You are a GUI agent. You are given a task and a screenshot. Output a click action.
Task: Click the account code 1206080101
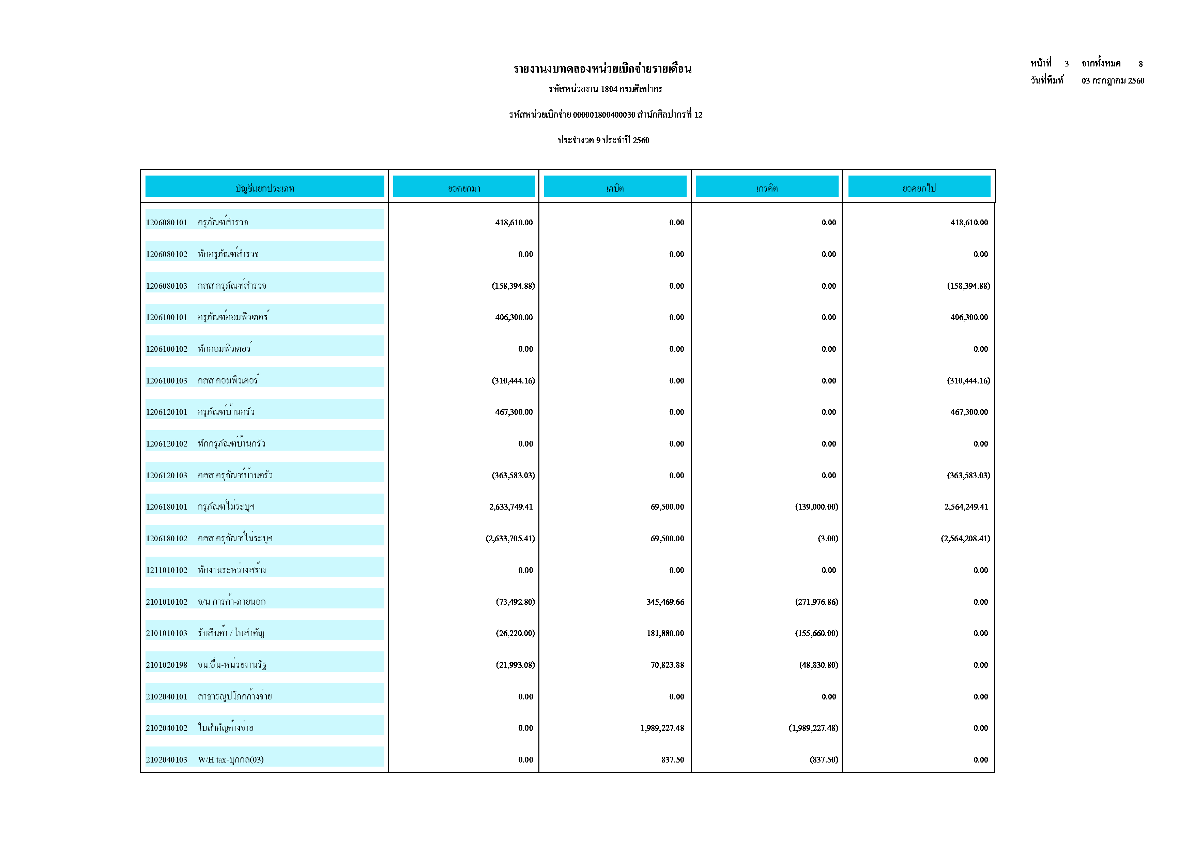tap(166, 223)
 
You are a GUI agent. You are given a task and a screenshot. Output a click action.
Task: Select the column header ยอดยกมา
tap(464, 188)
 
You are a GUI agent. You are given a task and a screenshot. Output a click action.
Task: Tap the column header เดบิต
tap(615, 188)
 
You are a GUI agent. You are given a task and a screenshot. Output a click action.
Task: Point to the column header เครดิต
tap(767, 188)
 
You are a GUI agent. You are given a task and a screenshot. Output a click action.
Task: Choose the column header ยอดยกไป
tap(919, 188)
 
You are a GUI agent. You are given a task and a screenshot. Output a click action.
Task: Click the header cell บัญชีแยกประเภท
tap(265, 188)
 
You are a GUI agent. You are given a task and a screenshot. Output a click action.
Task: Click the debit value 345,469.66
tap(665, 602)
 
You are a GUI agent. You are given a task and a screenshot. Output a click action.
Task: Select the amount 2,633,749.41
tap(511, 507)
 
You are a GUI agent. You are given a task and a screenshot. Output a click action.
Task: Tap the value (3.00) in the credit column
tap(827, 539)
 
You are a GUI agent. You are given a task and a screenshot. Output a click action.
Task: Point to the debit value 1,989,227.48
tap(662, 728)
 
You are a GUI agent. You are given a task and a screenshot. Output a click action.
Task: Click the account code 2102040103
tap(166, 760)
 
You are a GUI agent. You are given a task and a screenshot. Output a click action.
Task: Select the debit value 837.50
tap(672, 760)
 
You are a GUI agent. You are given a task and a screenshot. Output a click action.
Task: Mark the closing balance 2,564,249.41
tap(966, 507)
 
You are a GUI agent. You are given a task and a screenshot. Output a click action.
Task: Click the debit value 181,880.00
tap(665, 633)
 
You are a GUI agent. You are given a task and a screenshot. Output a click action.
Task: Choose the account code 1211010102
tap(166, 570)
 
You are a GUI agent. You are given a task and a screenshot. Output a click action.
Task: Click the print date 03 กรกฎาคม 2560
tap(1113, 81)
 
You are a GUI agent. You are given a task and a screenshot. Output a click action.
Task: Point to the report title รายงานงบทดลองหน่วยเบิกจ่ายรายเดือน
tap(602, 69)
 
